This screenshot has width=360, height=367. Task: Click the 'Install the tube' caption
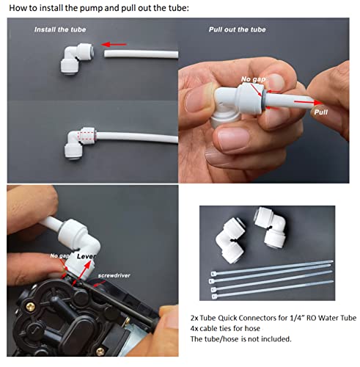tap(60, 29)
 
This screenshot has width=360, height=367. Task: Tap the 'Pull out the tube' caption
tap(237, 29)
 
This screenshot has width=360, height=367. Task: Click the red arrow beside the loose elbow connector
tap(114, 44)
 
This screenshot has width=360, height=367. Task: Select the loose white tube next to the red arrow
tap(142, 54)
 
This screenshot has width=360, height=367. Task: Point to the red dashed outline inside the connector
tap(86, 137)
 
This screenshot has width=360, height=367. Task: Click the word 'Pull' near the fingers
tap(320, 112)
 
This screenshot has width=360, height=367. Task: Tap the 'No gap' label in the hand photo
tap(253, 79)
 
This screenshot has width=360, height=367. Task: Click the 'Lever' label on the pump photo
tap(86, 256)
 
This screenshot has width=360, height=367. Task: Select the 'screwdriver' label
tap(114, 275)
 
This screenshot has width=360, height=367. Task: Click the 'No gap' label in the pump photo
tap(59, 255)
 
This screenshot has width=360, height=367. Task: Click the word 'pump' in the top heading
tap(92, 8)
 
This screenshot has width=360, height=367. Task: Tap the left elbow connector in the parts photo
tap(231, 239)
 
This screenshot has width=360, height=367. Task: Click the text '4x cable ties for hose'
tap(225, 328)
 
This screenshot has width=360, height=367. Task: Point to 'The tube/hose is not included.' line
tap(240, 339)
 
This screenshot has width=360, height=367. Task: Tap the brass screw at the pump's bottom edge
tap(100, 352)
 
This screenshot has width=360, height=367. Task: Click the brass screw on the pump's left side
tap(30, 307)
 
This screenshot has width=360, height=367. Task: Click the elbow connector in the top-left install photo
tap(77, 59)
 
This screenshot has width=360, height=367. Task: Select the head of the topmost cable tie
tap(213, 273)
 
